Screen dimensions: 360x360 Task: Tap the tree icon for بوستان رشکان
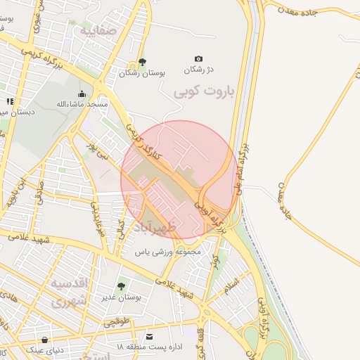(x=143, y=62)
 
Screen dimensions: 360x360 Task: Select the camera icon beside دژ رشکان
(x=198, y=59)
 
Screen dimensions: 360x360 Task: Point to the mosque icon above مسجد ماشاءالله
(x=82, y=94)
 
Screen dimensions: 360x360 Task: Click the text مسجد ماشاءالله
(x=82, y=104)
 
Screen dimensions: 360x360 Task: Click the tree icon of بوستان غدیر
(x=121, y=287)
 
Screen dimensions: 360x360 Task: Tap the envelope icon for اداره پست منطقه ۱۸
(x=149, y=337)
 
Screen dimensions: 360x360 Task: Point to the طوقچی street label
(x=117, y=323)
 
